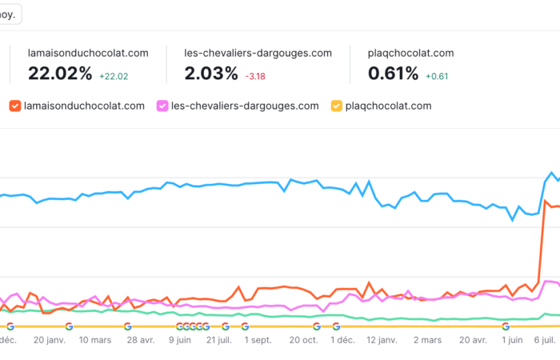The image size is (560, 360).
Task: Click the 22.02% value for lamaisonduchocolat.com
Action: click(61, 74)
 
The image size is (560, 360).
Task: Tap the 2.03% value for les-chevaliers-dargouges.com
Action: click(211, 74)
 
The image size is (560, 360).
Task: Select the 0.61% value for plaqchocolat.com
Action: click(393, 74)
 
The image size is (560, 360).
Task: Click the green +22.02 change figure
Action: click(114, 76)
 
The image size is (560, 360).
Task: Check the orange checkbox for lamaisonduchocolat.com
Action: click(14, 106)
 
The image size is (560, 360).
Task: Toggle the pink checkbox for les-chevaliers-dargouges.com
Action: click(162, 106)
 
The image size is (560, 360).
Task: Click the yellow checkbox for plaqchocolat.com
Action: click(336, 106)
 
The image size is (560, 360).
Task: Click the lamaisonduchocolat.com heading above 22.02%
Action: click(88, 53)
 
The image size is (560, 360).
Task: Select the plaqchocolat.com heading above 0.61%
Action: click(410, 53)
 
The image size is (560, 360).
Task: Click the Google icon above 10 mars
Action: click(69, 326)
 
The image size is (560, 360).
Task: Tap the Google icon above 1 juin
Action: click(506, 326)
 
